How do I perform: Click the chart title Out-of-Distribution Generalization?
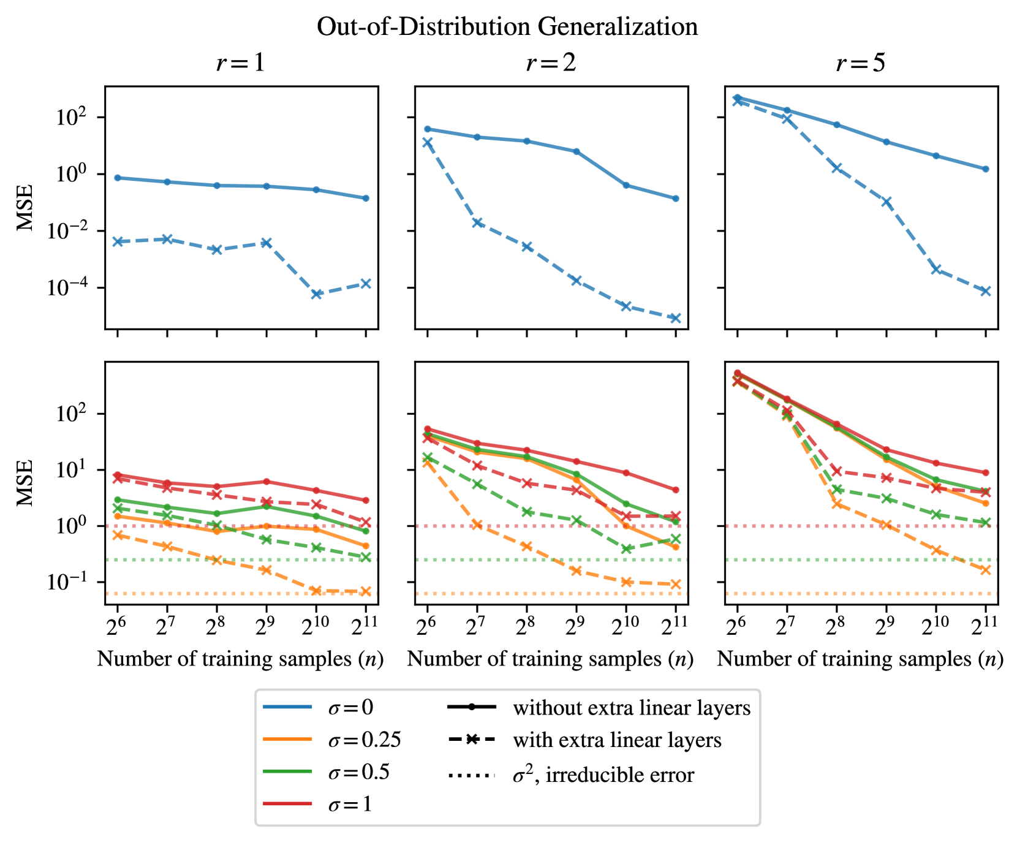click(507, 27)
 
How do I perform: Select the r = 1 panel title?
click(241, 63)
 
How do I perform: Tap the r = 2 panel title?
click(551, 63)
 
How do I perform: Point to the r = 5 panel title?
click(861, 63)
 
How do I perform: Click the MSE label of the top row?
click(25, 207)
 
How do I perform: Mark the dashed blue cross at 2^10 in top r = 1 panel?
click(316, 294)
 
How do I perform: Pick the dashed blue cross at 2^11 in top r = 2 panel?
click(676, 318)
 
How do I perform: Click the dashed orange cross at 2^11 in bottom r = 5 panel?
click(986, 570)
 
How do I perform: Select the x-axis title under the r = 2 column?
click(550, 659)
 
